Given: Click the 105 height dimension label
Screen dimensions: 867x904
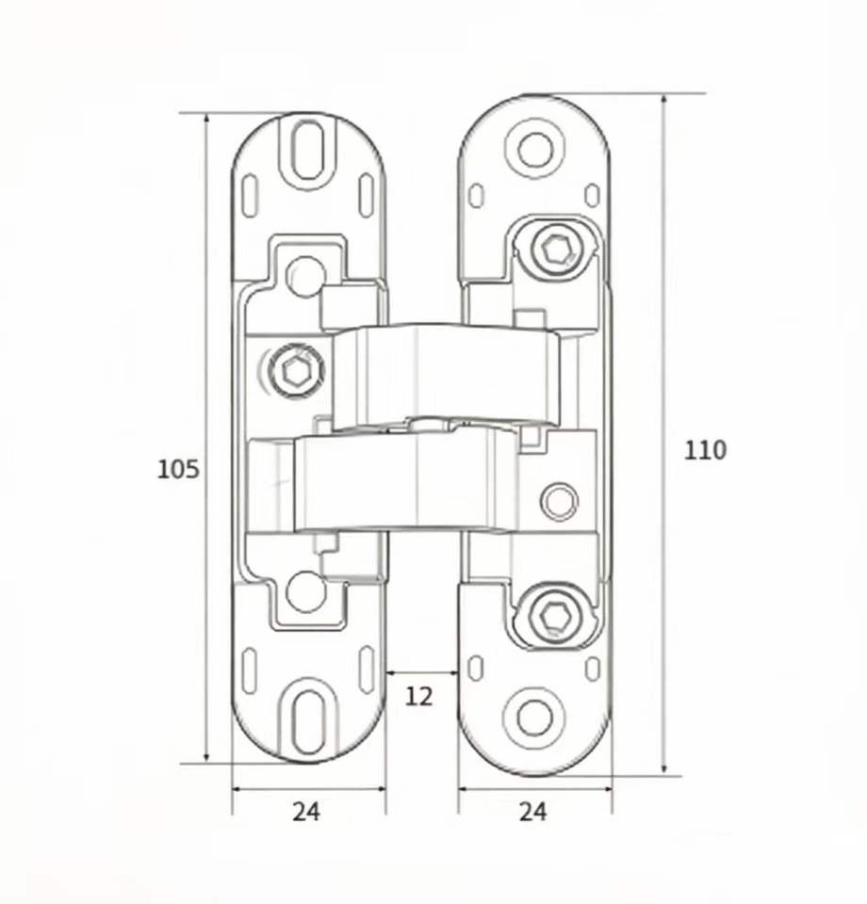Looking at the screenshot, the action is click(178, 469).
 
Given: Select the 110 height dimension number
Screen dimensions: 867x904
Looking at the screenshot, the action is click(705, 450).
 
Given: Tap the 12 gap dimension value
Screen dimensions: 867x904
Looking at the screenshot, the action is click(418, 697).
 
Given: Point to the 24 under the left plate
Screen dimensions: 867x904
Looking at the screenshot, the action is click(305, 812).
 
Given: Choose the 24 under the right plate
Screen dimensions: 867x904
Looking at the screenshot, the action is click(532, 812).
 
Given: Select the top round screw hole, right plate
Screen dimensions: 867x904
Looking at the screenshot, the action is click(535, 149).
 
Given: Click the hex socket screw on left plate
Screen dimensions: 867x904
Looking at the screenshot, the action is click(295, 369).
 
